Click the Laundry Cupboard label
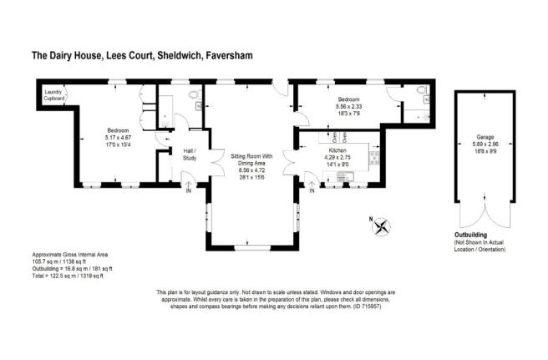pyautogui.click(x=55, y=94)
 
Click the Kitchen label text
pyautogui.click(x=336, y=150)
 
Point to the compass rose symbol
pyautogui.click(x=382, y=225)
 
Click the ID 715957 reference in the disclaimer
pyautogui.click(x=369, y=305)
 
